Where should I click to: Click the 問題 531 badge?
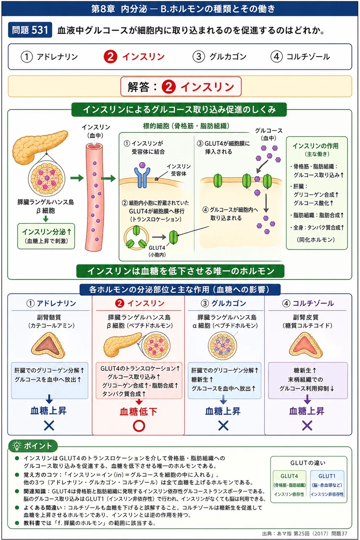[x=30, y=30]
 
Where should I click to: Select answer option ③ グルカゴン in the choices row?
[x=219, y=57]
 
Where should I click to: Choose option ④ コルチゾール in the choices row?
[x=300, y=57]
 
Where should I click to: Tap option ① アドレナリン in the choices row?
[x=49, y=57]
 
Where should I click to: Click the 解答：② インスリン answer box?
[x=181, y=86]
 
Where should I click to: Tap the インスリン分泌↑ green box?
[x=46, y=236]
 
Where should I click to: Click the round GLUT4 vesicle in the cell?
[x=136, y=237]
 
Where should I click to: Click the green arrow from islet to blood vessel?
[x=77, y=178]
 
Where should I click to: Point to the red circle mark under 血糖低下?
[x=139, y=426]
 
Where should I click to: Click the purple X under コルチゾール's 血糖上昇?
[x=307, y=426]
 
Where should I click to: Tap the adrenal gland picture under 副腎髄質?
[x=48, y=345]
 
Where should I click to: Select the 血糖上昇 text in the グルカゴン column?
[x=223, y=411]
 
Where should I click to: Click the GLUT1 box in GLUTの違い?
[x=327, y=485]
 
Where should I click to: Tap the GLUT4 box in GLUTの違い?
[x=290, y=485]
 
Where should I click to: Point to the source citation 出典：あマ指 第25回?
[x=305, y=534]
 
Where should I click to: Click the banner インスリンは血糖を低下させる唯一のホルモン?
[x=180, y=271]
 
